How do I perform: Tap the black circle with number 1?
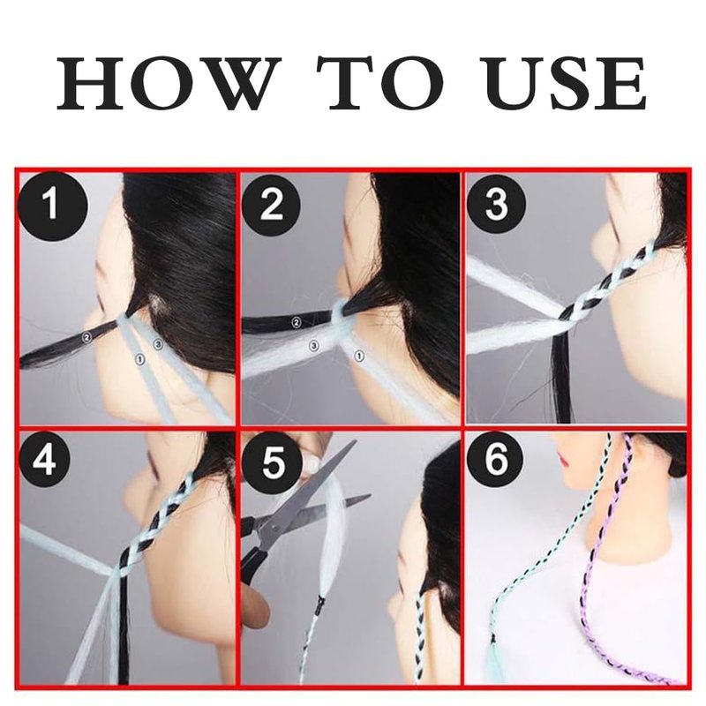click(x=52, y=207)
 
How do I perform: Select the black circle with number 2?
click(x=271, y=206)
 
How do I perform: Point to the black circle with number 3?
click(x=496, y=204)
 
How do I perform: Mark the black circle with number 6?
click(x=495, y=461)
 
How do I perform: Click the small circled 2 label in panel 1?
click(x=86, y=337)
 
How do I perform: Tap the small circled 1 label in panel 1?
click(x=140, y=359)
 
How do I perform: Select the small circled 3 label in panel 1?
click(x=158, y=344)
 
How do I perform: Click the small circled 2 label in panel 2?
click(x=296, y=322)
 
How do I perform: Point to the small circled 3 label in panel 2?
click(x=314, y=346)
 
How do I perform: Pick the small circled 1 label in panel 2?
click(x=359, y=357)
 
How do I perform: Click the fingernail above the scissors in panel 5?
click(x=312, y=462)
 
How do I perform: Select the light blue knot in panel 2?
click(x=343, y=314)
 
